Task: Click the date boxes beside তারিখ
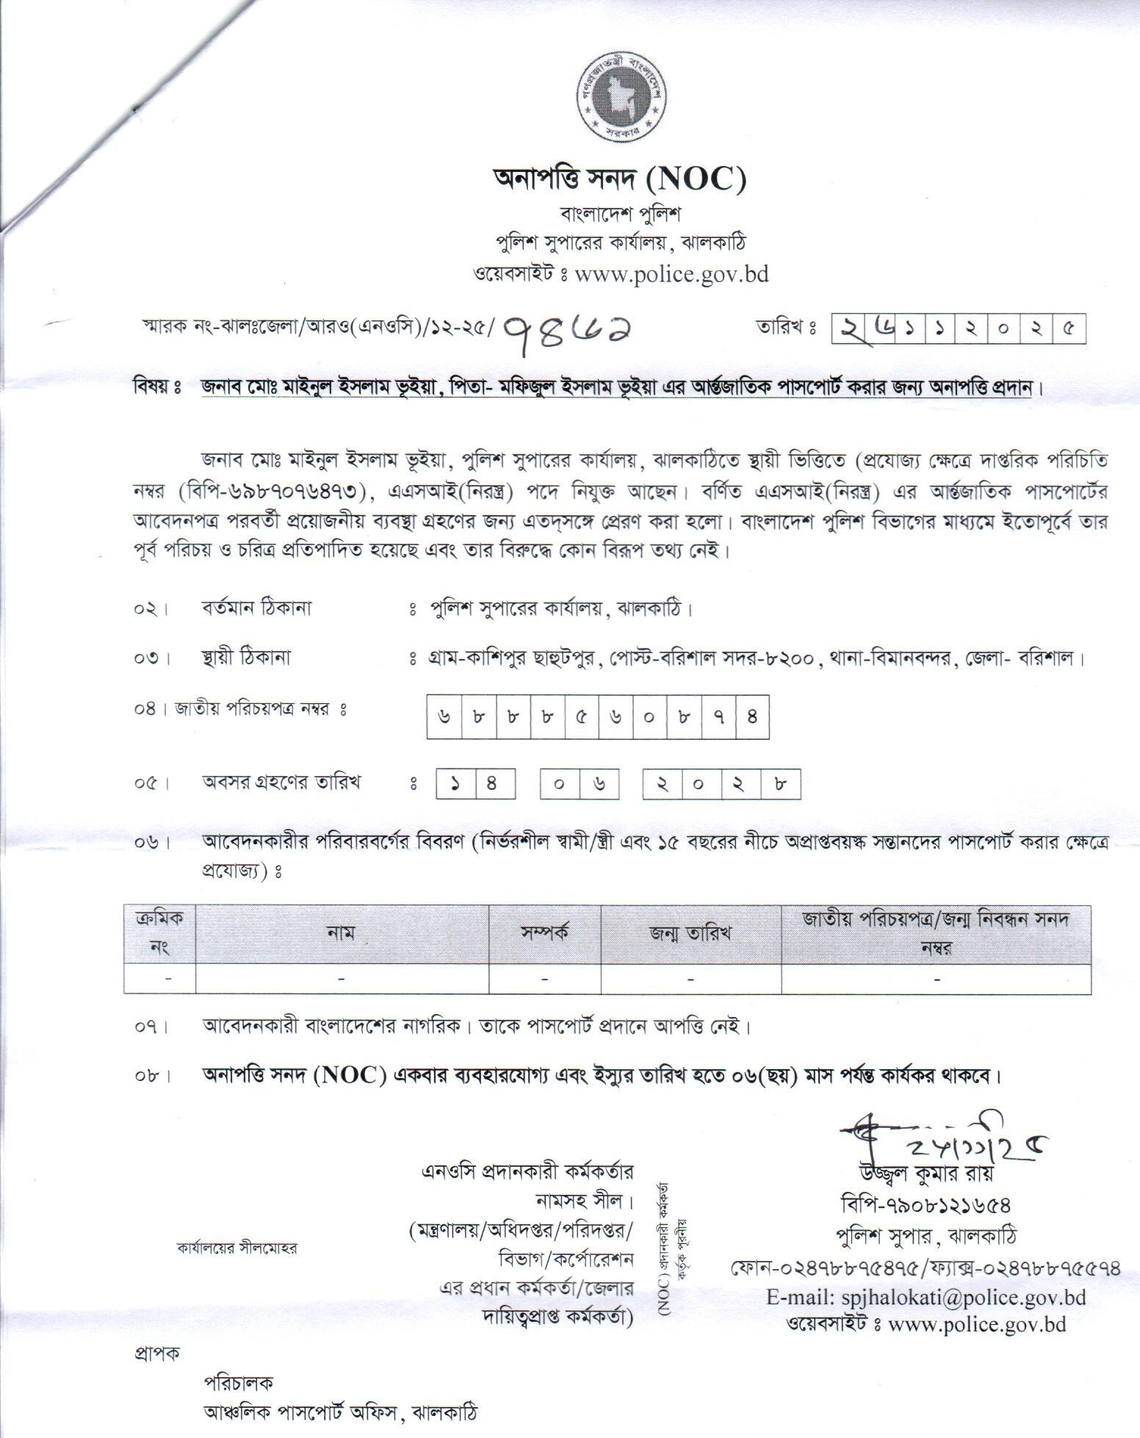click(x=959, y=330)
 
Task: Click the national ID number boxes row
click(x=598, y=715)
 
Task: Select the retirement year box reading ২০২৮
click(x=721, y=783)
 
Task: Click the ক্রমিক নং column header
click(x=159, y=932)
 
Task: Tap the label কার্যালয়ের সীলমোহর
click(x=237, y=1248)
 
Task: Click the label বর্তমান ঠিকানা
click(x=257, y=609)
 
